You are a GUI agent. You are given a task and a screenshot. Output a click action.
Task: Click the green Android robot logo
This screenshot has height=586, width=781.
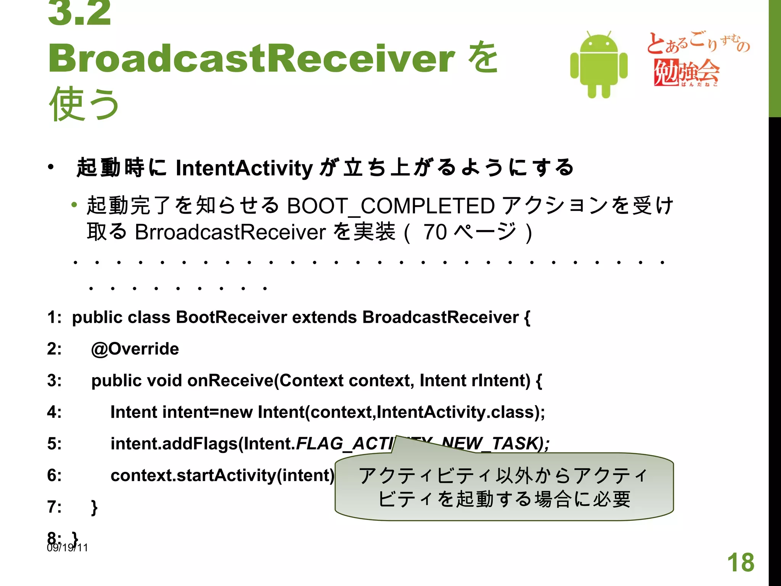(x=599, y=65)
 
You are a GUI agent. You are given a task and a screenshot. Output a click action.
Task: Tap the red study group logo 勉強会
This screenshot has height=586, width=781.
(x=686, y=72)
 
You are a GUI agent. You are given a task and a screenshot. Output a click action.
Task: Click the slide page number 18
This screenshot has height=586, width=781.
(x=741, y=562)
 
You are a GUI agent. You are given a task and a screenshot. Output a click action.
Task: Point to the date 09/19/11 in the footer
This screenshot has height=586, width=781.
(x=67, y=548)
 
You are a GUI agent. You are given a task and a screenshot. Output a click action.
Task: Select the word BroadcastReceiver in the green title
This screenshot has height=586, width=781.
(x=252, y=58)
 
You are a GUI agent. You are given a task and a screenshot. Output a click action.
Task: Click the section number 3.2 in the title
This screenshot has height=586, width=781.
(x=79, y=13)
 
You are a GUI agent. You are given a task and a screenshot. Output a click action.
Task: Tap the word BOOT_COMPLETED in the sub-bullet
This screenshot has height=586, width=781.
(x=391, y=206)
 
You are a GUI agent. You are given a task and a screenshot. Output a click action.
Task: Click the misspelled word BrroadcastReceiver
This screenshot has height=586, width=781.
(x=230, y=232)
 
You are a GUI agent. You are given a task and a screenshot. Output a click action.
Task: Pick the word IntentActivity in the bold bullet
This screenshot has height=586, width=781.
(x=244, y=168)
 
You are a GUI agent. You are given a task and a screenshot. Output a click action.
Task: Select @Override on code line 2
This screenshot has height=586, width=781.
(x=135, y=349)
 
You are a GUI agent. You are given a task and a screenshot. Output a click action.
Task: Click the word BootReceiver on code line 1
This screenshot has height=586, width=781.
(x=231, y=317)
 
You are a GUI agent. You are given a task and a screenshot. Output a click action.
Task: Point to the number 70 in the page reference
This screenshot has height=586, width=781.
(x=435, y=232)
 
